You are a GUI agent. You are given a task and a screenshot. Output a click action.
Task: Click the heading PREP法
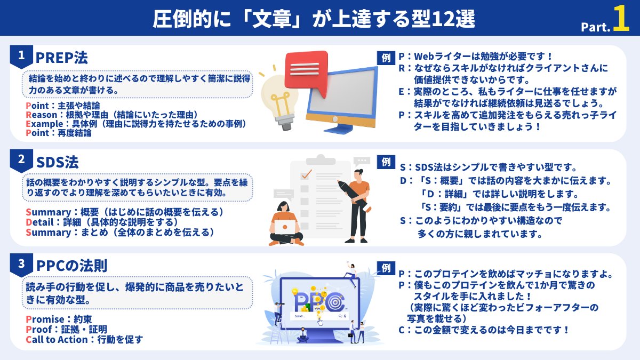pyautogui.click(x=61, y=57)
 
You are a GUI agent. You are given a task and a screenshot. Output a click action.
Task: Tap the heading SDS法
pyautogui.click(x=57, y=161)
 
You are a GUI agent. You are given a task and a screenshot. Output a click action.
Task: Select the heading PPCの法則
pyautogui.click(x=73, y=265)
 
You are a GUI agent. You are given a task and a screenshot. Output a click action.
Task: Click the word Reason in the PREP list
pyautogui.click(x=41, y=115)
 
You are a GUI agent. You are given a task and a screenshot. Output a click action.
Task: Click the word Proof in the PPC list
pyautogui.click(x=38, y=330)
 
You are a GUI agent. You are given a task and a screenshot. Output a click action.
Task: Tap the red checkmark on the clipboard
pyautogui.click(x=306, y=174)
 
